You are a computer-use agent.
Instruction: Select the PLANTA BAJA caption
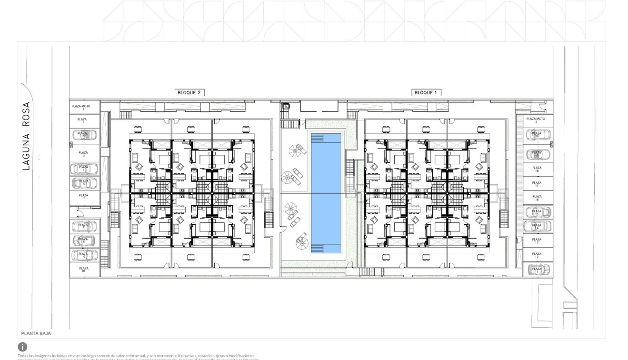coord(36,334)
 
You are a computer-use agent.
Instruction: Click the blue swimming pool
coord(326,193)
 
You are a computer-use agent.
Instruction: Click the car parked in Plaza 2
coord(84,135)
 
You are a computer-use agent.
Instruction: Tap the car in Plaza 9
coord(84,255)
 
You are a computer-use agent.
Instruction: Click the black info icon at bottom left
coord(22,347)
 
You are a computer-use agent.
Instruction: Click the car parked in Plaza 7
coord(84,226)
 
